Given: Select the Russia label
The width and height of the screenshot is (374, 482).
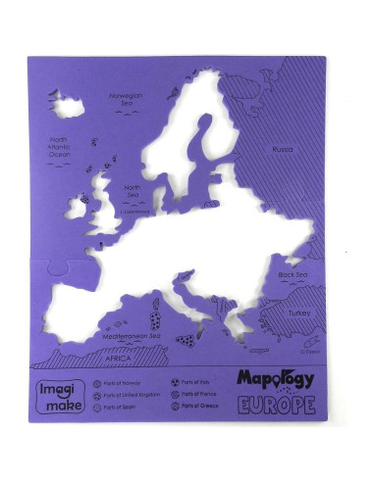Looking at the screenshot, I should (x=283, y=149).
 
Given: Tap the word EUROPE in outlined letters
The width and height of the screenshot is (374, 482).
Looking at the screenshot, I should (x=276, y=404).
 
